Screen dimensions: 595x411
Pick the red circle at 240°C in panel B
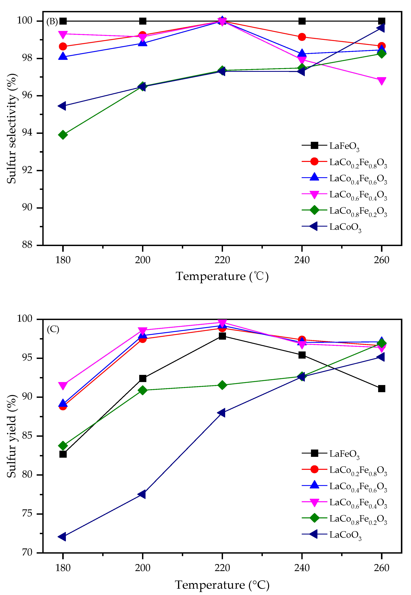(x=302, y=37)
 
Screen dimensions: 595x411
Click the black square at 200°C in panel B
(x=142, y=21)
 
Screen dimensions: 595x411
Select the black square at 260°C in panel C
(x=381, y=389)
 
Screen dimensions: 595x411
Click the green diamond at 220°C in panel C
(x=222, y=385)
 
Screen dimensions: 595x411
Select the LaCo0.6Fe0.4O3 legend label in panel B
(x=358, y=195)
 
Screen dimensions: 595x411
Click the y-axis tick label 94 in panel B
(x=27, y=133)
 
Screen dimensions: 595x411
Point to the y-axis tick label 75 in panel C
(x=27, y=514)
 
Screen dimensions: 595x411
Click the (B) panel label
(x=52, y=21)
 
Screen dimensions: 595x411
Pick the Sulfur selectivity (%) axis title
(x=12, y=129)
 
